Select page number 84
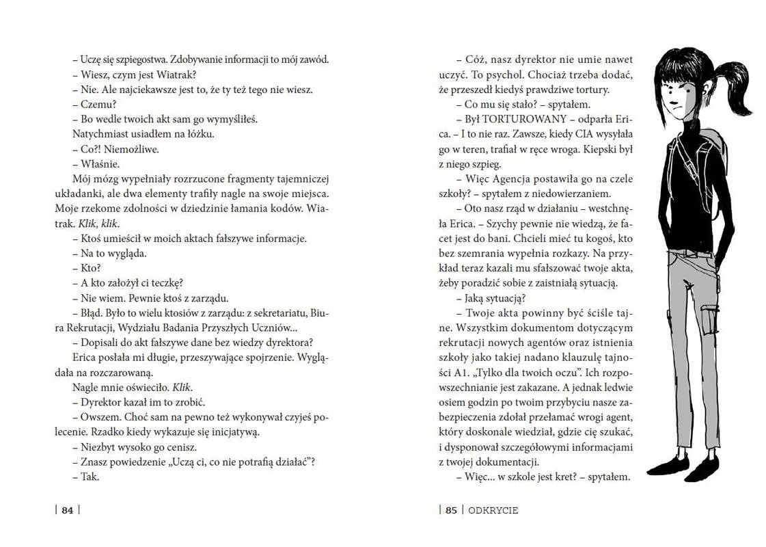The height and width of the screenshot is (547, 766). (x=67, y=509)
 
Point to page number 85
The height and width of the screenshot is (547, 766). (x=451, y=509)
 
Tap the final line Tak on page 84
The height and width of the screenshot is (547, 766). (x=90, y=477)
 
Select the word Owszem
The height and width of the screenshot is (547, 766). (x=98, y=417)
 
